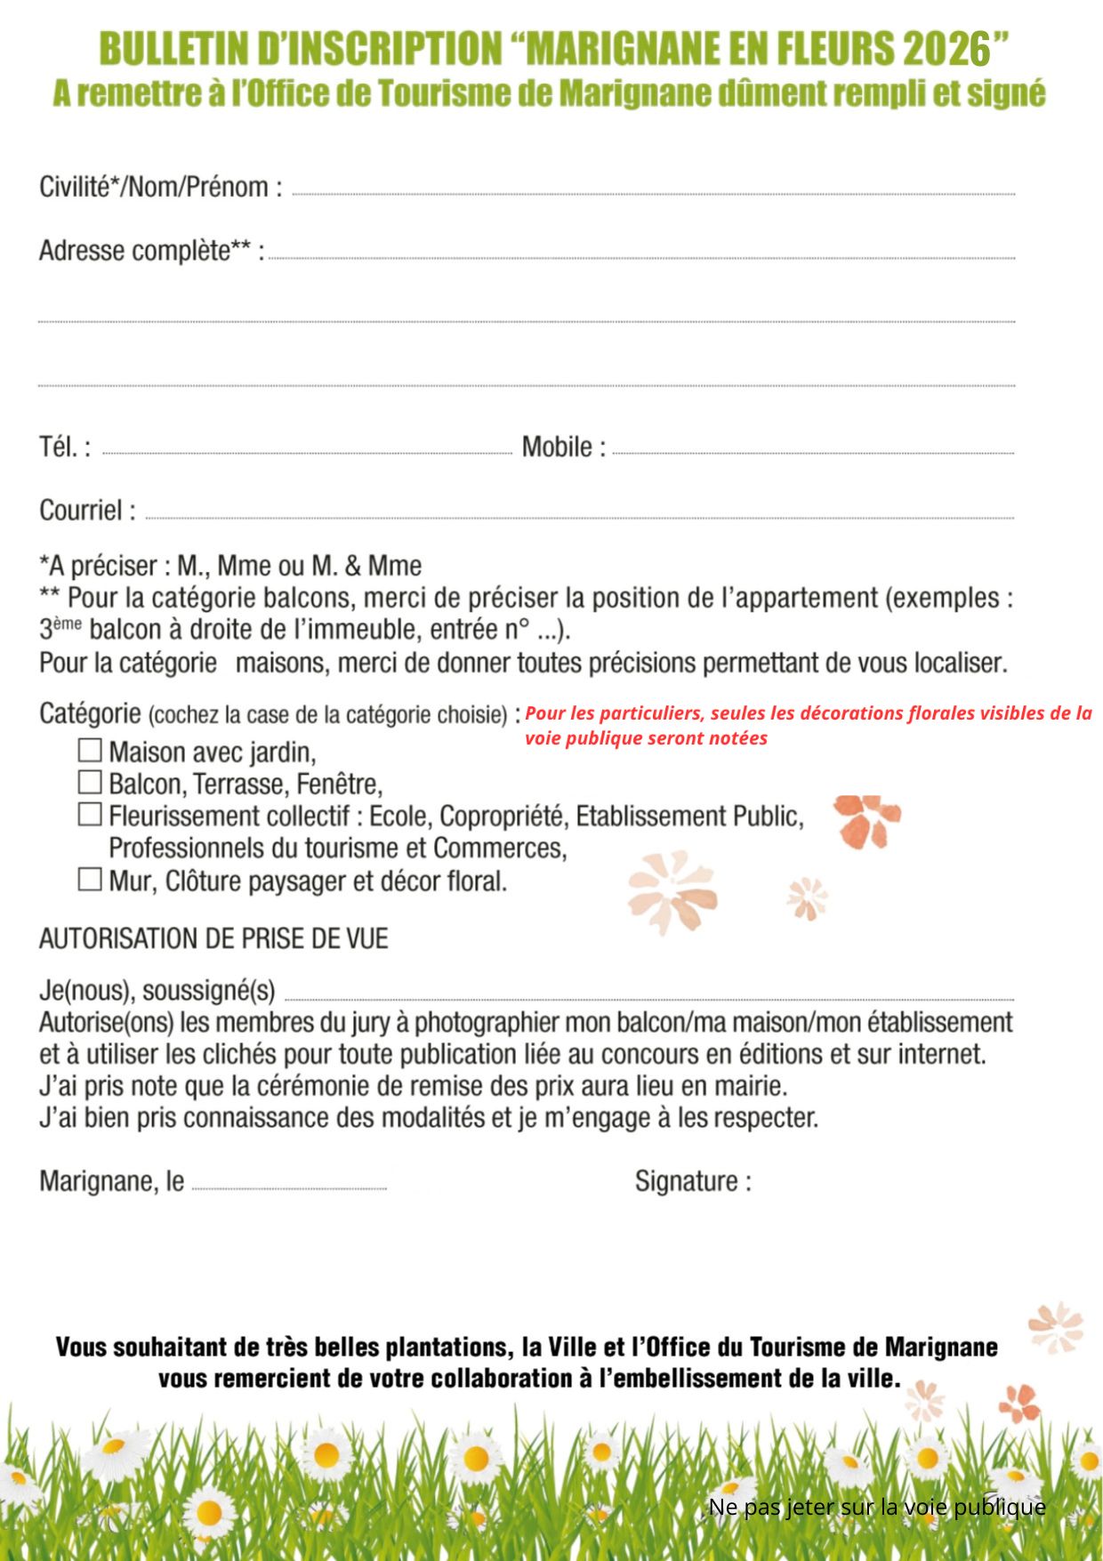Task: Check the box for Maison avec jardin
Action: click(90, 751)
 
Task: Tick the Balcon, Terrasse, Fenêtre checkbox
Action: click(90, 783)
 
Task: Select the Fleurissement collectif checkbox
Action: click(90, 815)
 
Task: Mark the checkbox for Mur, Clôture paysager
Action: click(90, 880)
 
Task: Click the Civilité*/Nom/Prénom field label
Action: click(161, 188)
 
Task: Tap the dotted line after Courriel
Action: click(578, 517)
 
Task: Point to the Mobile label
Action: click(563, 447)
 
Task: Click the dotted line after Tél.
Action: click(307, 453)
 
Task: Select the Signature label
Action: click(692, 1182)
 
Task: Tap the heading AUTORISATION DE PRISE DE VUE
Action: click(213, 939)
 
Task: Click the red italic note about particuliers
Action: click(808, 725)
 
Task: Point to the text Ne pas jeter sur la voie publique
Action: click(876, 1507)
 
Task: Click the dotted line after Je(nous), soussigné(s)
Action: click(649, 999)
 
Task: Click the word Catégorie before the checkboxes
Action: click(90, 713)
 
